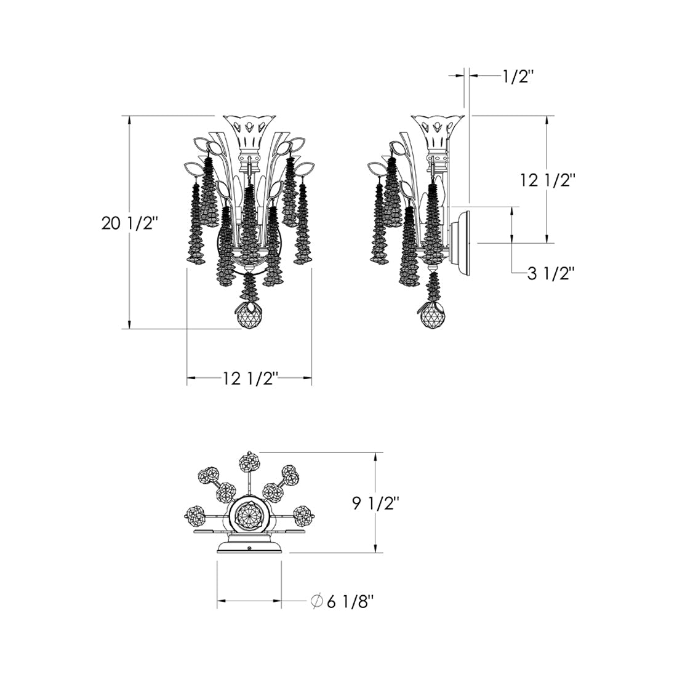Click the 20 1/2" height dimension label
pos(127,223)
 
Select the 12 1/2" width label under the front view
pos(249,379)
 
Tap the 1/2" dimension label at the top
pos(518,78)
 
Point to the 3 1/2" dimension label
pos(551,273)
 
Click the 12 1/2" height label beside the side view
pos(548,180)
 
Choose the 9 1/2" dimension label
pos(376,503)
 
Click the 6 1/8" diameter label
pos(350,601)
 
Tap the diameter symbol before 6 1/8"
pos(318,601)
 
